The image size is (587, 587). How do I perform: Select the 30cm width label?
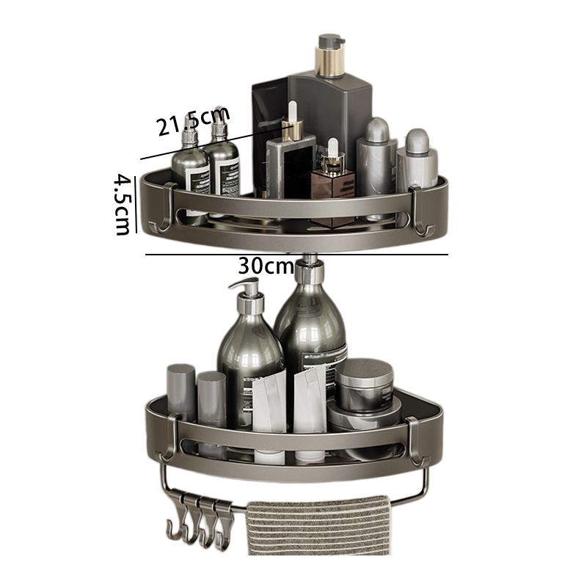(x=266, y=266)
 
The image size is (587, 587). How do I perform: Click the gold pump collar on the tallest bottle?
(x=329, y=62)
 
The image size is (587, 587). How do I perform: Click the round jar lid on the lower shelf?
(x=364, y=370)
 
